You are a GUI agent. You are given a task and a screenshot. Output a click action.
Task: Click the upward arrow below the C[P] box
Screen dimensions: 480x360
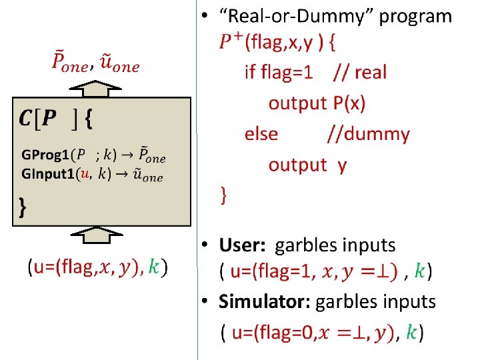[97, 236]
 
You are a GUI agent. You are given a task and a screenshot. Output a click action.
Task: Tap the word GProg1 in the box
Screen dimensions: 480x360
[45, 155]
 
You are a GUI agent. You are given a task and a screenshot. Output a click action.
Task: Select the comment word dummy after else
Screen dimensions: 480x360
[377, 134]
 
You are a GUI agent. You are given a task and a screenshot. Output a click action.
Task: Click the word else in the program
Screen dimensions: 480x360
[261, 134]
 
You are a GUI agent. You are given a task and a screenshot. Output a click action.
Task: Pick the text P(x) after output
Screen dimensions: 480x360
[348, 103]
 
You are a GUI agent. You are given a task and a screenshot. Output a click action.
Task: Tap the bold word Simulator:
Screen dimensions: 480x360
[265, 302]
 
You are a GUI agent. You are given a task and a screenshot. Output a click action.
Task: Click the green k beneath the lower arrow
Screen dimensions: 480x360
[154, 267]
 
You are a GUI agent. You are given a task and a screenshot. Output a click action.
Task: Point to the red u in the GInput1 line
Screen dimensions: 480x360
[83, 175]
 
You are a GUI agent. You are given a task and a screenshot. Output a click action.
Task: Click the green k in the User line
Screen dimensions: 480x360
[419, 271]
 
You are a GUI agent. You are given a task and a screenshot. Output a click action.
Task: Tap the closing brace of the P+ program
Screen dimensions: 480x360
[225, 196]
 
